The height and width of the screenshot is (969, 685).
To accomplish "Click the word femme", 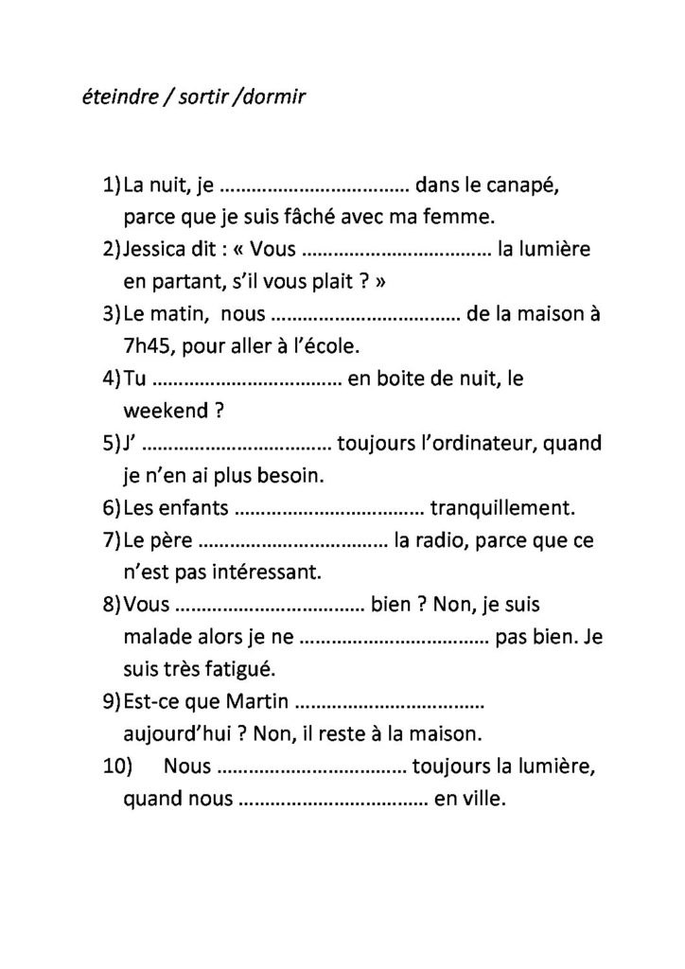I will tap(459, 217).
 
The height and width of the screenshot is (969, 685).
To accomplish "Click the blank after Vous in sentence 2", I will tap(397, 251).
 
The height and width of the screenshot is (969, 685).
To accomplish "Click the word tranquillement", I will tap(501, 509).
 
